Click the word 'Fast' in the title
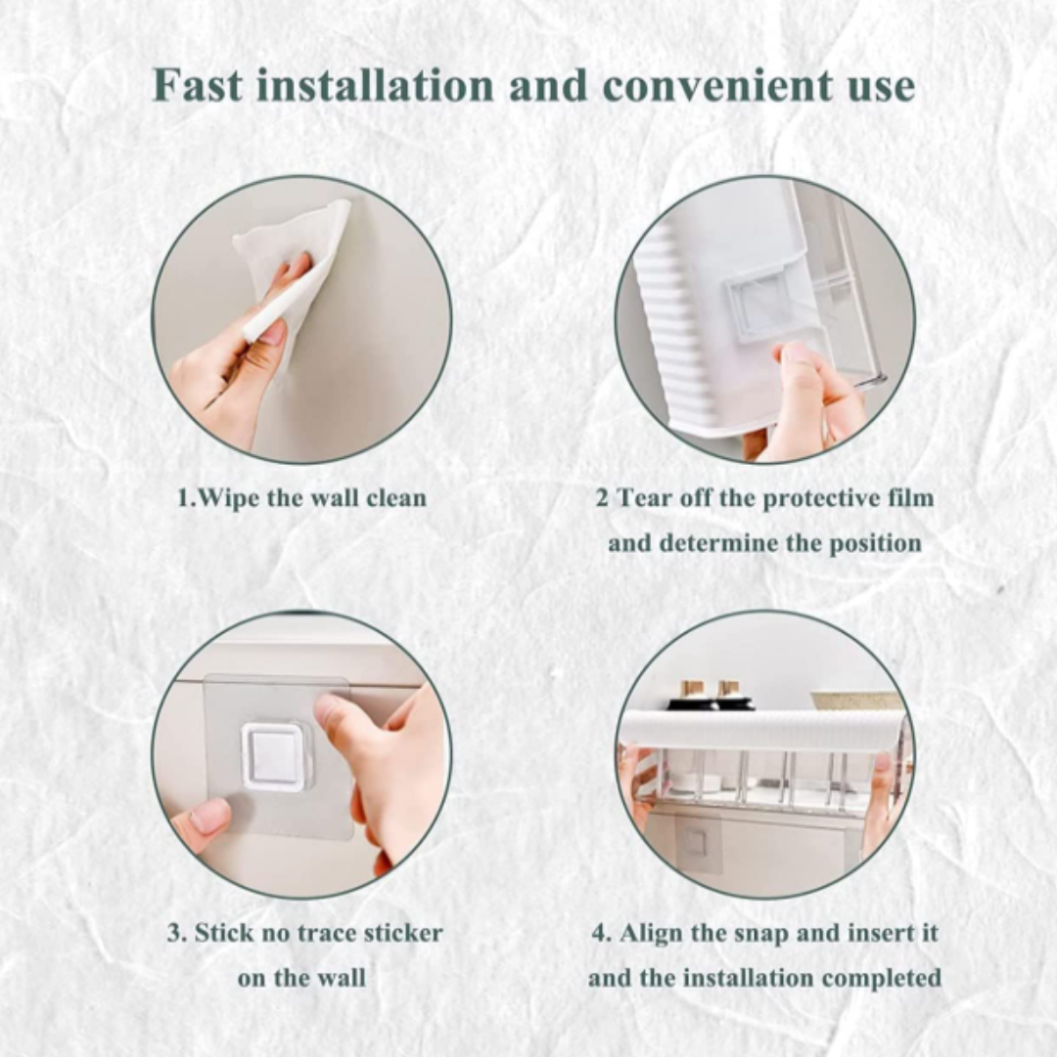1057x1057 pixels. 198,85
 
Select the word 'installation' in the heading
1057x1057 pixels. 374,85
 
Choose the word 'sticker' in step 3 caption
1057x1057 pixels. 403,934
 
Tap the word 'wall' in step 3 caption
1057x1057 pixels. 342,978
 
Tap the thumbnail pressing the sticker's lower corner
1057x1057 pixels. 210,817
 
